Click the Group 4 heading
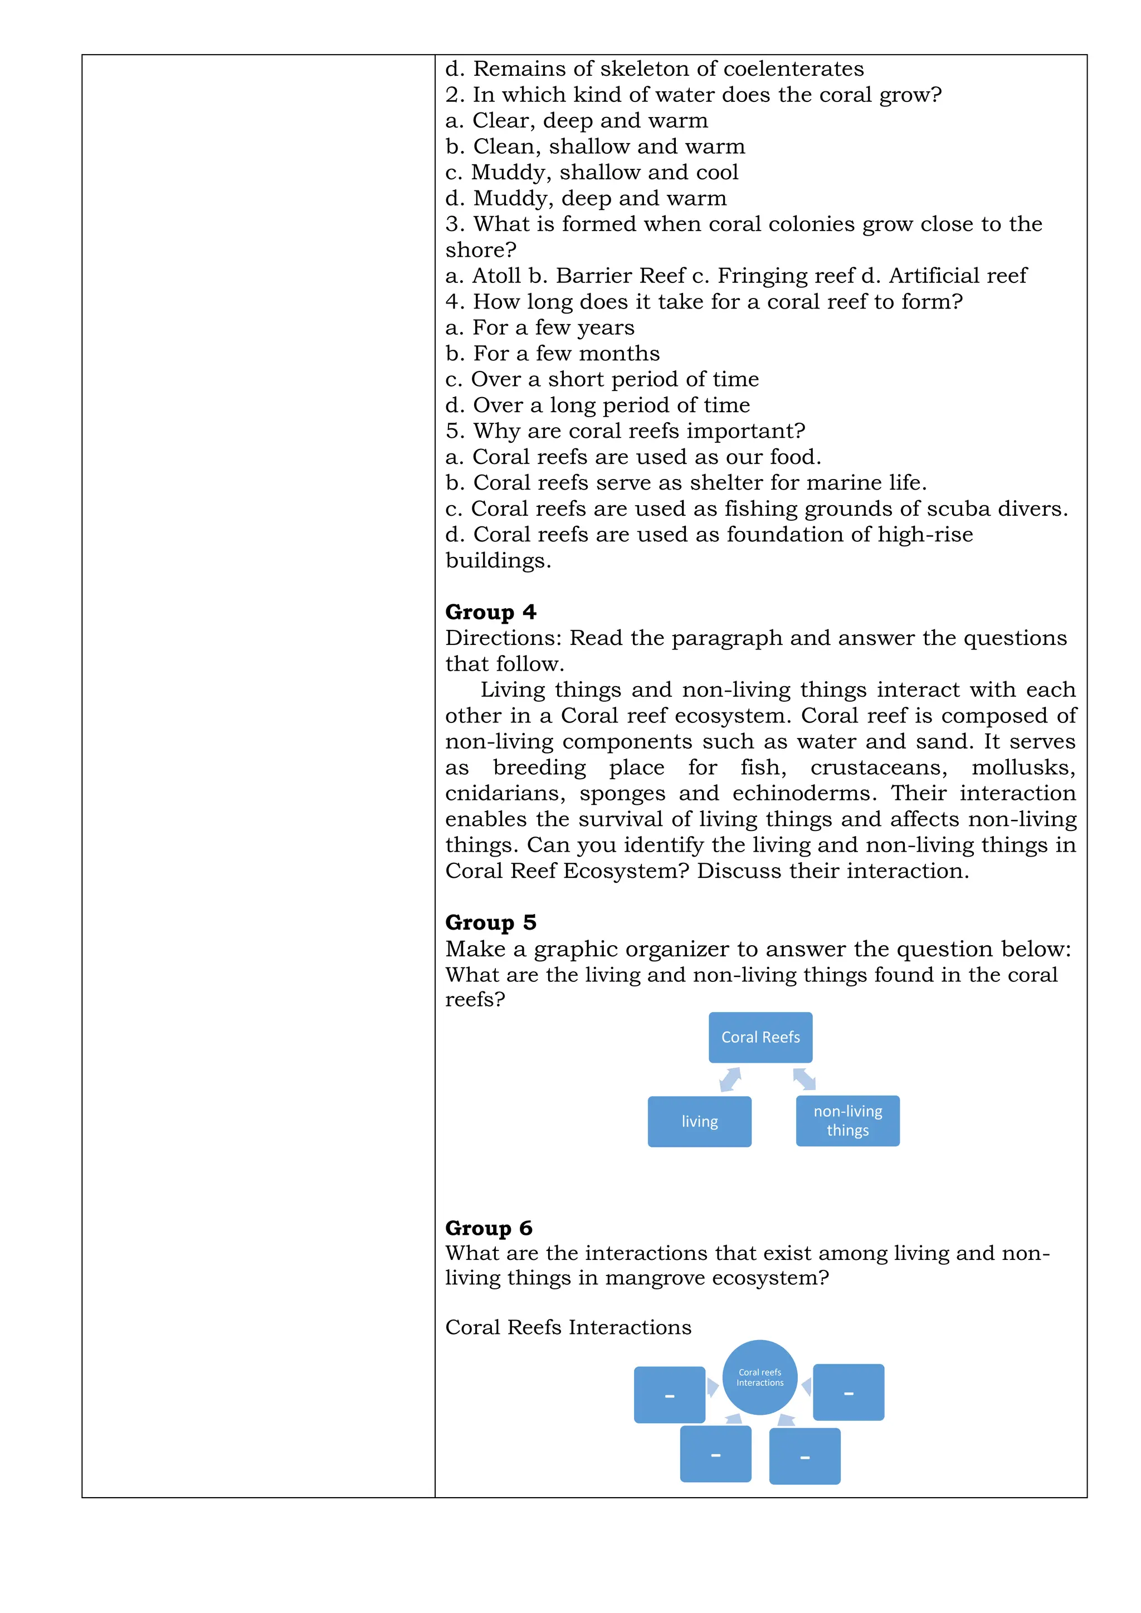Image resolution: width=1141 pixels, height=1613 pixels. coord(490,612)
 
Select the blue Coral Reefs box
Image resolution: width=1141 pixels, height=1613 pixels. coord(760,1037)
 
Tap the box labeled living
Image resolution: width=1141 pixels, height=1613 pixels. coord(699,1121)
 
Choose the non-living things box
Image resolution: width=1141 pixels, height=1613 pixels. coord(847,1121)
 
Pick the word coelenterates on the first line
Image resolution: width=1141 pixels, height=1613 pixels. coord(793,69)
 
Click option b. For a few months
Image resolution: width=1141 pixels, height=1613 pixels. coord(552,353)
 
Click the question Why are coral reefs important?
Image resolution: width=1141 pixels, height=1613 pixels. coord(625,431)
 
